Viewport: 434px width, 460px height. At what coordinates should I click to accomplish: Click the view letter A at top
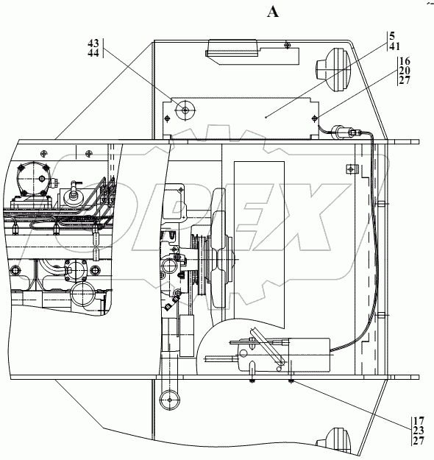point(273,12)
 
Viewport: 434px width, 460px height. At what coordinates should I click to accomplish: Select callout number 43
point(93,43)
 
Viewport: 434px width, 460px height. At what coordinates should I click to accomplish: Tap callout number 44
point(93,53)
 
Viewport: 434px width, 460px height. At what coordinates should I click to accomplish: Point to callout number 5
point(392,36)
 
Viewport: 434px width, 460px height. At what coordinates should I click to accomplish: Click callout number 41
point(395,46)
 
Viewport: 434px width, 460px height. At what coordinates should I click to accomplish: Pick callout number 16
point(405,61)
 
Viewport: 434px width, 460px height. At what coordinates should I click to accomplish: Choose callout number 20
point(405,71)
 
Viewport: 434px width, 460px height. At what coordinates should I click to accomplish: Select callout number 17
point(419,421)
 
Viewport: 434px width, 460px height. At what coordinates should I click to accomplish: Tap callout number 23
point(419,431)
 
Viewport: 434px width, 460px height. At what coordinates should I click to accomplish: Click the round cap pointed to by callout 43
point(185,110)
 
